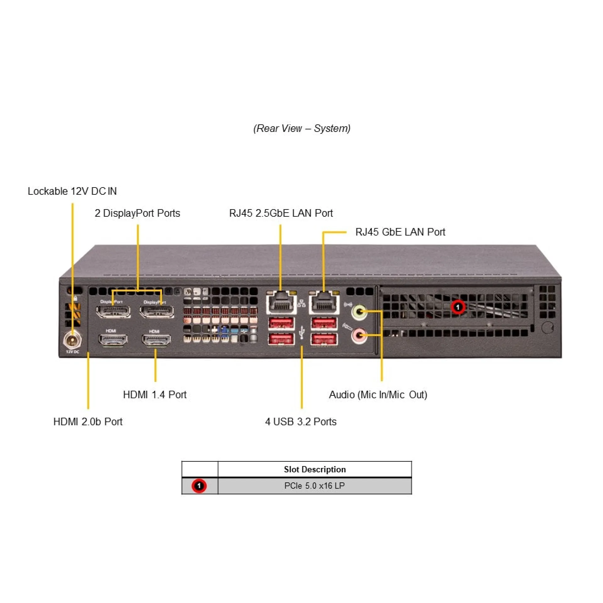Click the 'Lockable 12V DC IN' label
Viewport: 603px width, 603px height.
point(72,191)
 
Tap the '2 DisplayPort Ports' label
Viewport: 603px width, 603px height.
point(137,213)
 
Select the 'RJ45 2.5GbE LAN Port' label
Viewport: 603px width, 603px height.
point(281,213)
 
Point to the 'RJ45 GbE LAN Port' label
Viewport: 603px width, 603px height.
point(400,232)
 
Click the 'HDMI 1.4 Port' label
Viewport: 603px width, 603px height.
point(155,394)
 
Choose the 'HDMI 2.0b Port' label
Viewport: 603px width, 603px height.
point(88,421)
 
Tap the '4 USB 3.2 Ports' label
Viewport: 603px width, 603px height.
point(301,421)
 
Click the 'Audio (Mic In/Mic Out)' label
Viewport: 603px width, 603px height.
point(378,394)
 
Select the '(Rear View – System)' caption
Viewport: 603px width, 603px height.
point(302,128)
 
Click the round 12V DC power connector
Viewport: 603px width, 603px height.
point(73,340)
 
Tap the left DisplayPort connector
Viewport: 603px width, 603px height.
point(113,311)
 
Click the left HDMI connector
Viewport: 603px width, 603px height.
point(113,340)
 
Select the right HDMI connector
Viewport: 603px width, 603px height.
point(156,340)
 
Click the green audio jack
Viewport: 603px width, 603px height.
point(359,312)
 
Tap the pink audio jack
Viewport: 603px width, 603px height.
point(359,335)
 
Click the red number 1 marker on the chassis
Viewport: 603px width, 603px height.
point(458,307)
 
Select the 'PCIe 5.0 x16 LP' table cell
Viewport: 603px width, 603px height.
point(314,486)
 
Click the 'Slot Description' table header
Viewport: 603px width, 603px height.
point(314,470)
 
